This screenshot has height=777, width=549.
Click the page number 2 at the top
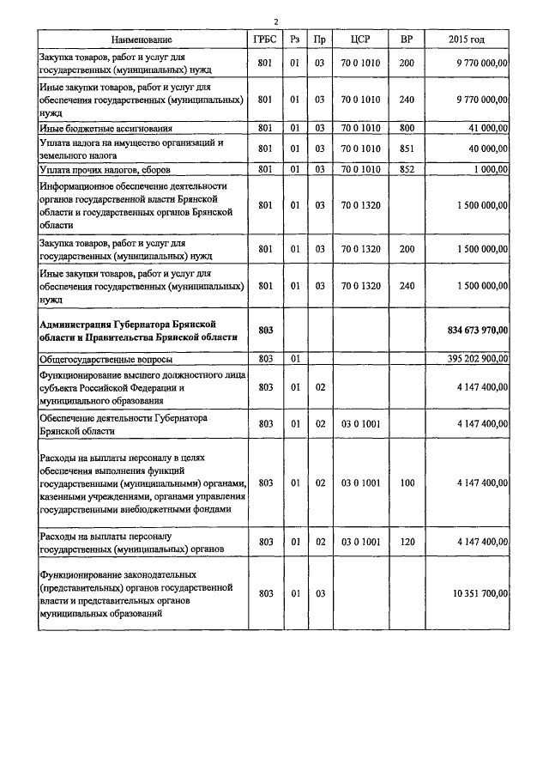point(275,22)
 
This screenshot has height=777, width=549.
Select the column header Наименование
point(142,39)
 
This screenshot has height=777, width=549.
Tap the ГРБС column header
point(265,39)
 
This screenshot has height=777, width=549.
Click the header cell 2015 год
point(467,39)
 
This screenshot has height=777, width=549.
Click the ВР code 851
point(407,148)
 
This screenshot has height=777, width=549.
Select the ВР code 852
point(407,169)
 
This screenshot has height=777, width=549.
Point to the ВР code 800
point(407,128)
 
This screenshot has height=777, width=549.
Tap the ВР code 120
point(407,543)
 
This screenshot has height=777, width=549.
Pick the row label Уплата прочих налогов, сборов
point(104,169)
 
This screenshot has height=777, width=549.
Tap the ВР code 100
point(407,483)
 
